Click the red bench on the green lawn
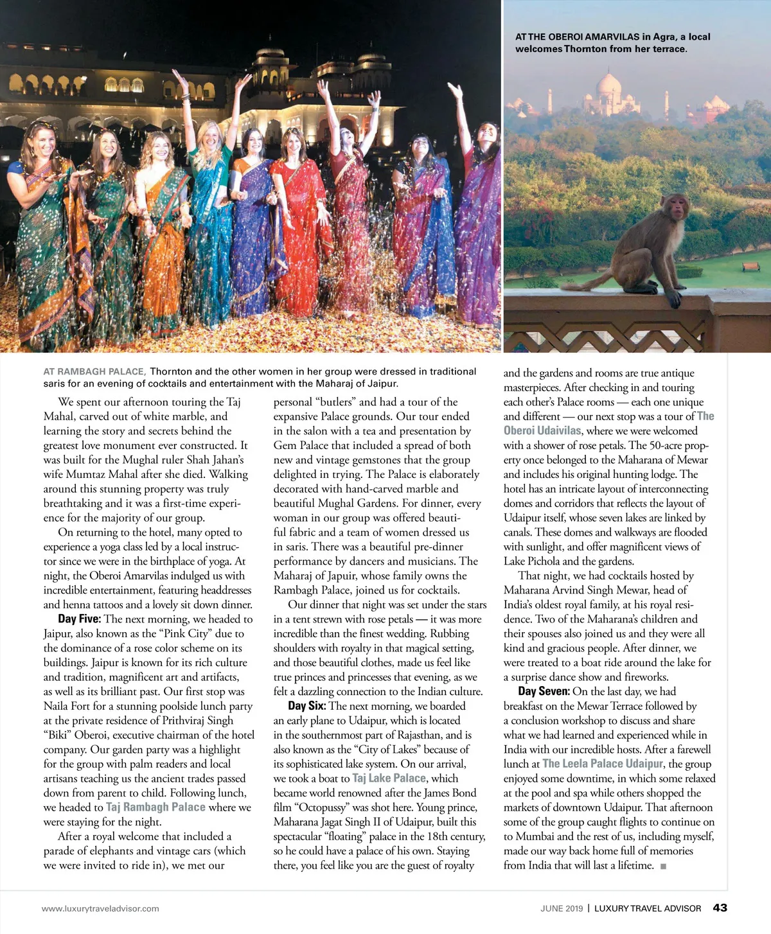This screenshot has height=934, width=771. point(750,265)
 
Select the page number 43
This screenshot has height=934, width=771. point(720,908)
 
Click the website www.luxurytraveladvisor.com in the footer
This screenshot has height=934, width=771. point(100,908)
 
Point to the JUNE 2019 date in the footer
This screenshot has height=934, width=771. point(562,908)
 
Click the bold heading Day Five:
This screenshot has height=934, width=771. point(79,619)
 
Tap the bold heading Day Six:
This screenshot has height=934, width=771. point(306,706)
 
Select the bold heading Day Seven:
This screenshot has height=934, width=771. point(544,691)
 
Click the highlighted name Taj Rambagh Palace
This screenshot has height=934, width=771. point(155,807)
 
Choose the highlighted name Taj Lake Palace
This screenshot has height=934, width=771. point(389,778)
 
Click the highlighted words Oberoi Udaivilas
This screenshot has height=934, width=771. point(542,430)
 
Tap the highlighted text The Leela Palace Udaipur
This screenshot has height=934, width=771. point(603,764)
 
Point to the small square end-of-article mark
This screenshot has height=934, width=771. point(663,867)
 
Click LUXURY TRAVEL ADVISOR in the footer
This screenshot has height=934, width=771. point(648,908)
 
